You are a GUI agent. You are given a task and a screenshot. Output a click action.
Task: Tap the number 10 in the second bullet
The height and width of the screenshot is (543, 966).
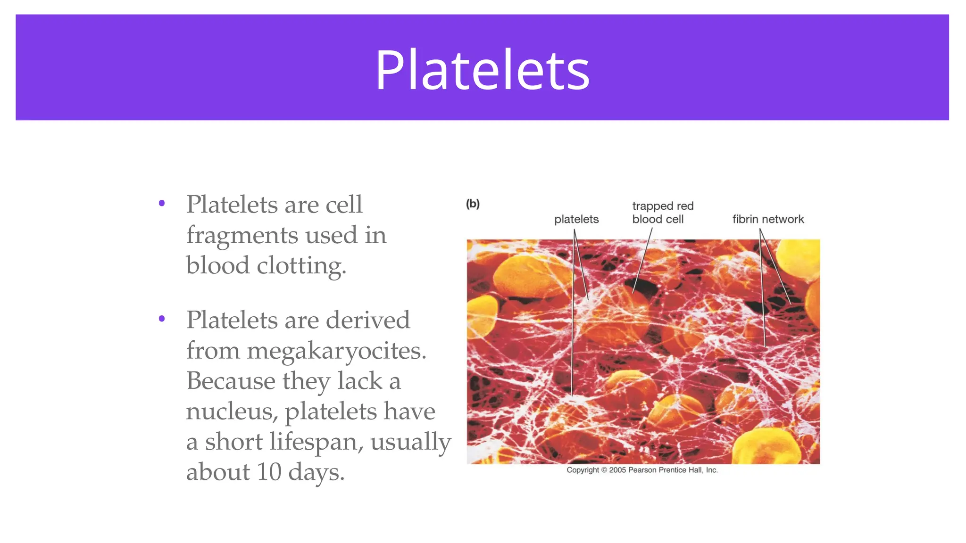tap(268, 472)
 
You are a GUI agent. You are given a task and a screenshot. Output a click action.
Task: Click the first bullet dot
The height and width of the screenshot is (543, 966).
tap(162, 204)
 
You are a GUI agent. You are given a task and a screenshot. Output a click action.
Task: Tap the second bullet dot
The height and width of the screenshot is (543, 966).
tap(162, 319)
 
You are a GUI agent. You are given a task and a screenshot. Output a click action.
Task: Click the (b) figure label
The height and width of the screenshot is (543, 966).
tap(473, 204)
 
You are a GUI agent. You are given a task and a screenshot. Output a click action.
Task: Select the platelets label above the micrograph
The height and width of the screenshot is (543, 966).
tap(576, 219)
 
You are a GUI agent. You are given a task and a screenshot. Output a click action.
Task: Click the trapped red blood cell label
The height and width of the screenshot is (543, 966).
tap(662, 213)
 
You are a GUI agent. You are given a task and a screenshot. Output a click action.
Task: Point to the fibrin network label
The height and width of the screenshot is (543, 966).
tap(768, 219)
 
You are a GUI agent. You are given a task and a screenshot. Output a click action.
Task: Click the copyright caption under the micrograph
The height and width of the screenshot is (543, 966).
tap(642, 470)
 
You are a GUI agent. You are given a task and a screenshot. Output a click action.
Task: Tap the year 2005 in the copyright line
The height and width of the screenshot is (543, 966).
tap(617, 470)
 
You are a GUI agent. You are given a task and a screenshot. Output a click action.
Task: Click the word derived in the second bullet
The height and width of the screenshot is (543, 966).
tap(368, 320)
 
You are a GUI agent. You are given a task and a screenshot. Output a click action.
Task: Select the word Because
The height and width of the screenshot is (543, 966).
tap(231, 381)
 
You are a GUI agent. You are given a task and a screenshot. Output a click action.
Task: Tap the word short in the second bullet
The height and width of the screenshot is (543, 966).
tap(233, 442)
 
